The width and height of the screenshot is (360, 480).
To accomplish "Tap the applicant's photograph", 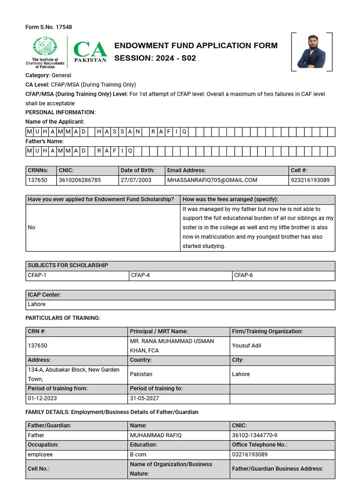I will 312,52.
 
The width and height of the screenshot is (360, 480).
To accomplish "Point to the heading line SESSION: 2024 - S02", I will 155,59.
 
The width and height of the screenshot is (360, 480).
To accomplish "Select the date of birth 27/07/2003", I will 136,180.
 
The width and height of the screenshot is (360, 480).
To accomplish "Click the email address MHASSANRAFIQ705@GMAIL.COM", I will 212,180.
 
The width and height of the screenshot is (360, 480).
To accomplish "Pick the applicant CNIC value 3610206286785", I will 80,180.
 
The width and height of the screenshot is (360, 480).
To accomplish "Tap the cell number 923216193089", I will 310,180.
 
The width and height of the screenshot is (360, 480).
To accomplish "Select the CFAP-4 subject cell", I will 140,275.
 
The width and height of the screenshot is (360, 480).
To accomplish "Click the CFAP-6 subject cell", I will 243,275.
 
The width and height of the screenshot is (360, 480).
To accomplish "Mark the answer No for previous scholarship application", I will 31,227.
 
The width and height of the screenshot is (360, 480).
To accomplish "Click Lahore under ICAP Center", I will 37,304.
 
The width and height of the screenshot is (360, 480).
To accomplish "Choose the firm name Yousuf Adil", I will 247,345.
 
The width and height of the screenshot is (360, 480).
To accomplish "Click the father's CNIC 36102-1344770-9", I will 255,435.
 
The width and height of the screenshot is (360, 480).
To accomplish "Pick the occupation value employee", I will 40,454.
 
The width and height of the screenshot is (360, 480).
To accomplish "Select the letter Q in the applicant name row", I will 184,132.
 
